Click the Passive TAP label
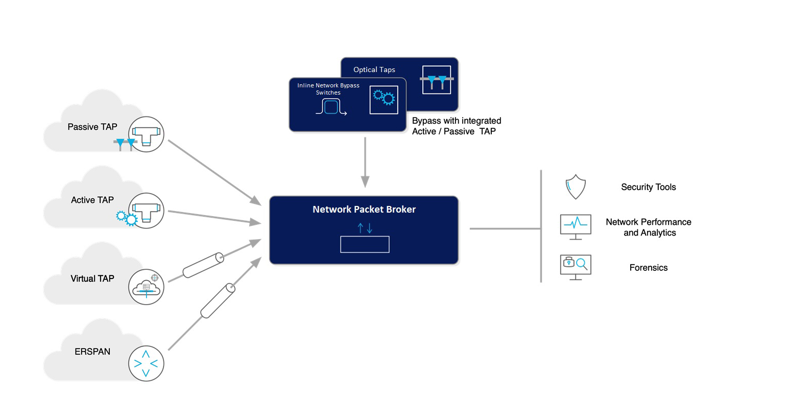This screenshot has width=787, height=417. (92, 127)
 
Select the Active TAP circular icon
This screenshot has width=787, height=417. (146, 211)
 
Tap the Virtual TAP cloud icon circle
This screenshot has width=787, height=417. (146, 287)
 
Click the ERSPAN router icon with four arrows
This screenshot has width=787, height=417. (146, 363)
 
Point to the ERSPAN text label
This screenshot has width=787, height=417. (92, 352)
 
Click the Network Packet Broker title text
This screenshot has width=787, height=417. (364, 209)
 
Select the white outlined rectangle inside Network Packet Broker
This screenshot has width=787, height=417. (365, 244)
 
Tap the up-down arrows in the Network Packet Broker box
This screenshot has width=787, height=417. (365, 228)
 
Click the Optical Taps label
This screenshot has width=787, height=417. (374, 69)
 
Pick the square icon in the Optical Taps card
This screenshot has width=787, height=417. (436, 80)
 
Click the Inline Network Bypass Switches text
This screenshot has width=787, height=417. (328, 89)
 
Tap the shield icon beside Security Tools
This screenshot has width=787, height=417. (576, 187)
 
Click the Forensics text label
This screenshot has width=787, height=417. (648, 268)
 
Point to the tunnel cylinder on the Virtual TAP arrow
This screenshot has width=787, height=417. (203, 265)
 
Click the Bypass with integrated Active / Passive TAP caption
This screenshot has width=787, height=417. (456, 126)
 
